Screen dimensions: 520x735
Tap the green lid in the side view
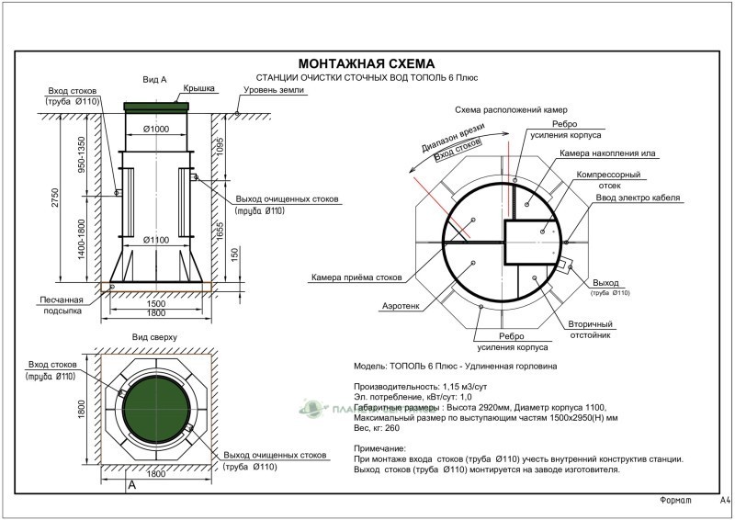click(x=158, y=107)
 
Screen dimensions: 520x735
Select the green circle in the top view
click(x=155, y=404)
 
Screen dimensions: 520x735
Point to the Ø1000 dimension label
click(x=158, y=130)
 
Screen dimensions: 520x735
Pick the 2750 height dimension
click(x=55, y=197)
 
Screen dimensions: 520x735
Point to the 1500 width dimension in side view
click(x=156, y=303)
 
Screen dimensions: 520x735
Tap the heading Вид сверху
click(x=154, y=337)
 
